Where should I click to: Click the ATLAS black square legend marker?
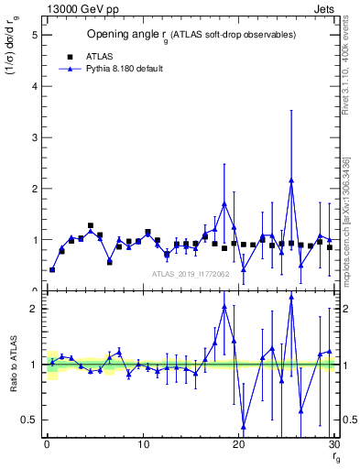click(x=68, y=56)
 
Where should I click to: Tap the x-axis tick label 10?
click(x=143, y=445)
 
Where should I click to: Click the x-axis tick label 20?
click(x=238, y=445)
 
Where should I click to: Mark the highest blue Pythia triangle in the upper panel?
click(x=291, y=180)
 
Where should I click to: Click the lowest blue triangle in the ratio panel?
click(x=244, y=426)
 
